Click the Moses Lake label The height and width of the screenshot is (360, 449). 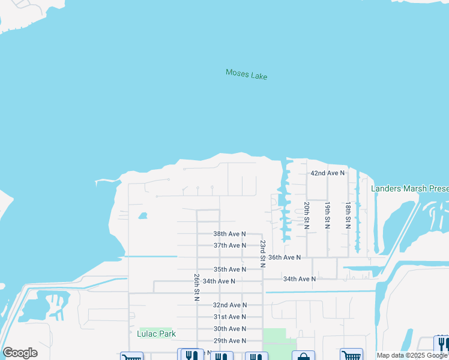246,74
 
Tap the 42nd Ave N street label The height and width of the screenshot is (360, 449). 327,173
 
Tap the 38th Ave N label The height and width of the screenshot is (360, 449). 230,233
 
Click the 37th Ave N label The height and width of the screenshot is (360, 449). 230,245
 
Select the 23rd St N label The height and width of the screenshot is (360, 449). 262,253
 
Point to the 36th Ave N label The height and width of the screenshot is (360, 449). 284,257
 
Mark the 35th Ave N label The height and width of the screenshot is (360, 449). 230,269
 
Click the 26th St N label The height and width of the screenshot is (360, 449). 196,287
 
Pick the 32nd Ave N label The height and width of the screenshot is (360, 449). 230,305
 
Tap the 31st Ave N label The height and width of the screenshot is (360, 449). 230,317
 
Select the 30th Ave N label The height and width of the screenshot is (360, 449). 230,329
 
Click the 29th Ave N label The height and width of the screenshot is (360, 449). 230,341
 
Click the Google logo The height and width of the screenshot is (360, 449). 20,353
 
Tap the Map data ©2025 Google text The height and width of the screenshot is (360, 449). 412,355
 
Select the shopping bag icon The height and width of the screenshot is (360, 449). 303,356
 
